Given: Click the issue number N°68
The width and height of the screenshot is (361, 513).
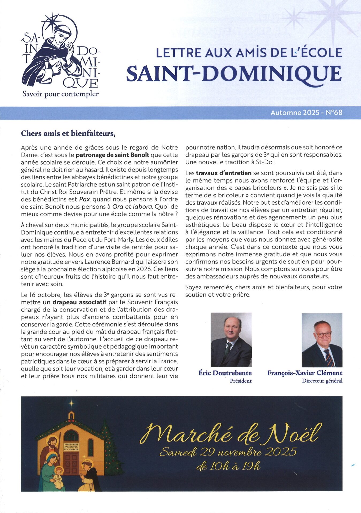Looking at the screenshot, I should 334,112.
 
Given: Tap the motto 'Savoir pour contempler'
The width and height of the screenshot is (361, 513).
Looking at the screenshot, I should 60,94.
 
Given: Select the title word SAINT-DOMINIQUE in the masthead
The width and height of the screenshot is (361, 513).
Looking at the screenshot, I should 234,73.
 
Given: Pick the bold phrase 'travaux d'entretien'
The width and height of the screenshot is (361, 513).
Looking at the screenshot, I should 224,173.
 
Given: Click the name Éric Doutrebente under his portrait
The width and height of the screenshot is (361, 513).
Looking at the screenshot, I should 225,373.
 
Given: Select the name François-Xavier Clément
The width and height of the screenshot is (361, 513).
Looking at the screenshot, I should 305,373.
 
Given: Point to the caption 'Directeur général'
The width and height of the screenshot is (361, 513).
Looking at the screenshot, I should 322,381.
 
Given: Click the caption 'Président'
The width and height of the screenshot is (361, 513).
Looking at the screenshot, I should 241,381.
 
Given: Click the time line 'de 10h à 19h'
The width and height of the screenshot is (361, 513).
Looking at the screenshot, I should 228,467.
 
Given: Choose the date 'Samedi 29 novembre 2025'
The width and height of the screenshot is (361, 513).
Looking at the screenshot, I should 228,452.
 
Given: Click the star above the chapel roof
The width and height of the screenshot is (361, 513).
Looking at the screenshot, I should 71,403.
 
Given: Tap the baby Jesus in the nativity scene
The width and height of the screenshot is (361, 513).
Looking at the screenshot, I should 59,474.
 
